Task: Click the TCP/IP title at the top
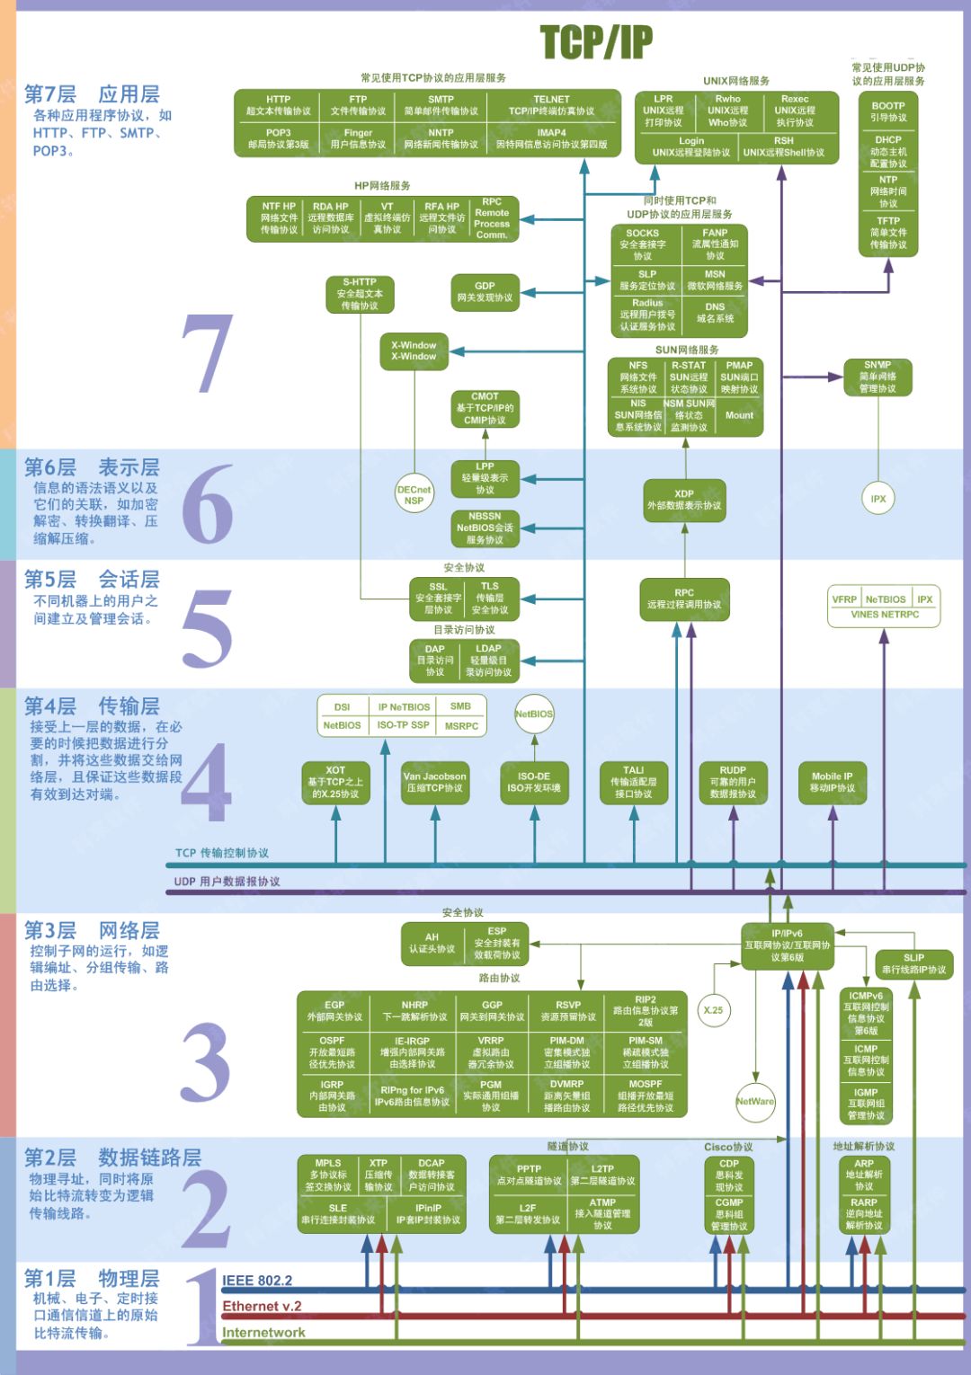(x=596, y=41)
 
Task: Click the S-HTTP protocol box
(x=360, y=294)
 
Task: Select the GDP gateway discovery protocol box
(x=485, y=292)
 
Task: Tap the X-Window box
(x=414, y=350)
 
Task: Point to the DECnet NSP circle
(x=414, y=495)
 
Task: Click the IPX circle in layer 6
(x=878, y=499)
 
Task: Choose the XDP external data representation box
(x=684, y=500)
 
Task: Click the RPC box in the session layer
(x=684, y=599)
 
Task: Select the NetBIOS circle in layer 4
(x=534, y=714)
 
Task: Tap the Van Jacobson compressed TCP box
(x=434, y=782)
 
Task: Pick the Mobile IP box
(x=833, y=782)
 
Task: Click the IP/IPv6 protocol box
(x=787, y=945)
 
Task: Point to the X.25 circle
(x=713, y=1010)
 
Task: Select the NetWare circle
(x=755, y=1102)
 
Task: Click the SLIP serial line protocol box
(x=913, y=963)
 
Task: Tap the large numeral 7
(x=208, y=354)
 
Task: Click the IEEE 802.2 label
(x=257, y=1281)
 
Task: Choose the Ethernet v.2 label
(x=262, y=1307)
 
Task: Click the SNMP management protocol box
(x=877, y=377)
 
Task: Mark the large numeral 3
(x=207, y=1062)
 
